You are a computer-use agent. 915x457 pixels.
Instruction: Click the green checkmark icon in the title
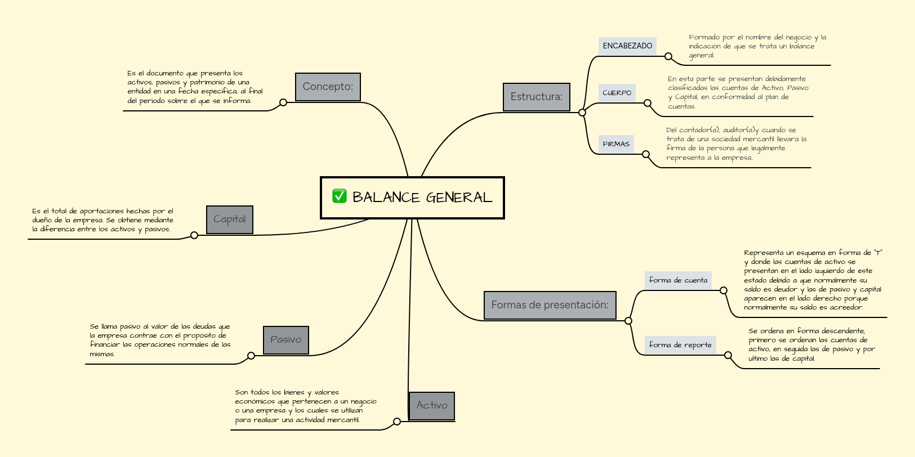click(x=339, y=196)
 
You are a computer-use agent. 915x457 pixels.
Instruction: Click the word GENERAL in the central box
click(x=459, y=198)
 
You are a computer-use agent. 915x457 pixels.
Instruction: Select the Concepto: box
click(x=328, y=87)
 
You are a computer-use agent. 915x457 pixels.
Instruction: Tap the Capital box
click(x=229, y=219)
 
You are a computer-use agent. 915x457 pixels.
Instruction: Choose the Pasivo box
click(x=285, y=340)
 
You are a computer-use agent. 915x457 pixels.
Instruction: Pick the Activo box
click(x=431, y=406)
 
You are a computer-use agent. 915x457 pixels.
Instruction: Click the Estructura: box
click(x=536, y=97)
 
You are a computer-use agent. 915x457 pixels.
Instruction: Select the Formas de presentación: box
click(x=550, y=305)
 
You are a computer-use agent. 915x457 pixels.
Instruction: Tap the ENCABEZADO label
click(x=627, y=46)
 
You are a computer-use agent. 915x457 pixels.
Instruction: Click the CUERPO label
click(x=617, y=93)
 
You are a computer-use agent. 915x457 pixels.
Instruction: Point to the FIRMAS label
click(x=616, y=144)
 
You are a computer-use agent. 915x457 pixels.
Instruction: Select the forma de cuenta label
click(x=678, y=280)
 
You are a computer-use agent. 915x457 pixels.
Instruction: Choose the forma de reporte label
click(x=680, y=345)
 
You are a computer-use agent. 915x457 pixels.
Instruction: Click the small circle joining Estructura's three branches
click(x=582, y=113)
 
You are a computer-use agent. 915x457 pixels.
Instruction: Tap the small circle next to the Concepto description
click(x=283, y=102)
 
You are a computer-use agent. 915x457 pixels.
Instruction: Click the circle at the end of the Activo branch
click(x=397, y=422)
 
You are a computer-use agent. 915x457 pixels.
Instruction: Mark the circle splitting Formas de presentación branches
click(x=628, y=321)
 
